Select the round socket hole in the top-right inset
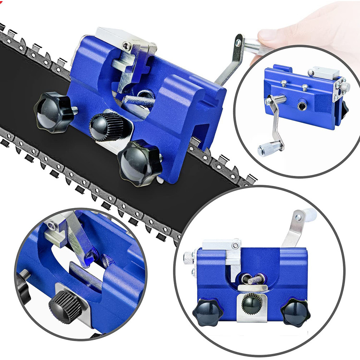[x=302, y=106]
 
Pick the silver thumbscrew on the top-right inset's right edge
[x=344, y=87]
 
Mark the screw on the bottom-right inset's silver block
[x=235, y=246]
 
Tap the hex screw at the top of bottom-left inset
[x=51, y=225]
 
